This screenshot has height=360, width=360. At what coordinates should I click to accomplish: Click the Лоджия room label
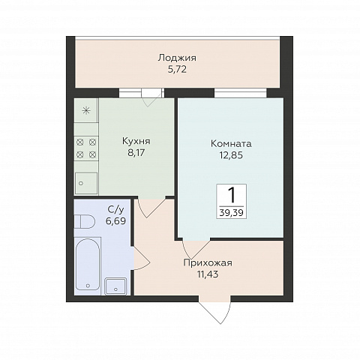[177, 58]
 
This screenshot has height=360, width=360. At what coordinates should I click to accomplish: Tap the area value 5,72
[177, 70]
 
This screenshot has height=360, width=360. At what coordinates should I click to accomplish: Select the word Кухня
[136, 141]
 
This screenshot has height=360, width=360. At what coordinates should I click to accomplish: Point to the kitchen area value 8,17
[136, 152]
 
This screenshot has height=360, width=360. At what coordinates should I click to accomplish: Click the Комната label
[231, 144]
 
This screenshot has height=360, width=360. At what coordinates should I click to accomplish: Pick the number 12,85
[231, 155]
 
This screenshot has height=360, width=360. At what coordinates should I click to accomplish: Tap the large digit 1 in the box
[232, 195]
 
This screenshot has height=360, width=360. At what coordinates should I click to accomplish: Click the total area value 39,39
[232, 213]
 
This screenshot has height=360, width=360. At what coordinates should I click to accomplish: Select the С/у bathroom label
[115, 210]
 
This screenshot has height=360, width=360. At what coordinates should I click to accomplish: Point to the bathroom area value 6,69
[115, 220]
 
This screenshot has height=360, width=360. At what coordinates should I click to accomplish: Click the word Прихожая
[208, 263]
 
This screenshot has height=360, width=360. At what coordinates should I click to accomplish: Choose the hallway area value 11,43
[208, 274]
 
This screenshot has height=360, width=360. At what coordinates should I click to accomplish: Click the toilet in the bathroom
[85, 221]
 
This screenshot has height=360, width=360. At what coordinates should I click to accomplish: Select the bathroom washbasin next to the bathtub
[115, 286]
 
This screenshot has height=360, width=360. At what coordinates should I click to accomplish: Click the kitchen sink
[86, 183]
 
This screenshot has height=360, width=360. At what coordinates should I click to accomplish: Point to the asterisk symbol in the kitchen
[86, 110]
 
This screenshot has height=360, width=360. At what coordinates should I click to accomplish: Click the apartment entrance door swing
[215, 309]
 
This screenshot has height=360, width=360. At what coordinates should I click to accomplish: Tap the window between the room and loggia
[241, 93]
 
